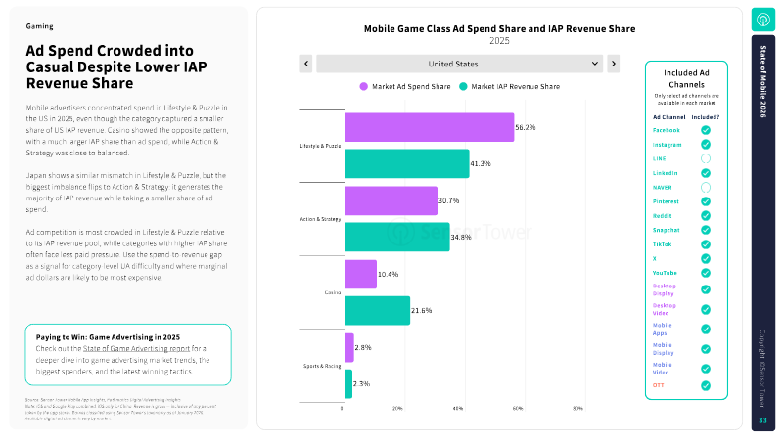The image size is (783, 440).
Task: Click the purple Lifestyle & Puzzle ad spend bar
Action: click(429, 128)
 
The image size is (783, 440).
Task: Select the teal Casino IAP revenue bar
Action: click(377, 310)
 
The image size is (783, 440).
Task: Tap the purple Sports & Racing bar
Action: click(348, 347)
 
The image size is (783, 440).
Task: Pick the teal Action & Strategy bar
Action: click(396, 237)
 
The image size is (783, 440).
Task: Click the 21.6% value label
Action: click(422, 310)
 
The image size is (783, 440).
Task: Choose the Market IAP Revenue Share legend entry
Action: click(510, 86)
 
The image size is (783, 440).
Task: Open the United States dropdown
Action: click(458, 64)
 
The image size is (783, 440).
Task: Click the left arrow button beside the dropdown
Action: click(306, 64)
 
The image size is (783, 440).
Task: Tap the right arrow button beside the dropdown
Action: click(614, 64)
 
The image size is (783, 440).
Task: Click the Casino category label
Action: click(332, 292)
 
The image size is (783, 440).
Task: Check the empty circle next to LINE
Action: click(705, 158)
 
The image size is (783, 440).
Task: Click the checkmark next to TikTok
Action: click(705, 243)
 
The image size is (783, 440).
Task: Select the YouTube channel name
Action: click(666, 272)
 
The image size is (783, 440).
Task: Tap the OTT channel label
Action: click(659, 385)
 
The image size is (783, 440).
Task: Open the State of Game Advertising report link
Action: click(125, 347)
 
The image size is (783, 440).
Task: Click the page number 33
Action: click(763, 420)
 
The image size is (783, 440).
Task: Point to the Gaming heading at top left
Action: click(39, 26)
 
